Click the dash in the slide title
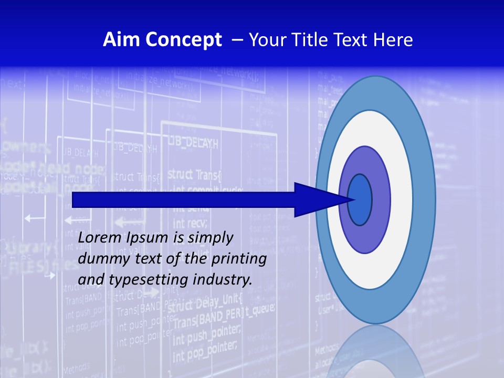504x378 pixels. pos(237,40)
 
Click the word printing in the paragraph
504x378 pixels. pos(238,259)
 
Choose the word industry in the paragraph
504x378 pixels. pos(223,280)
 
